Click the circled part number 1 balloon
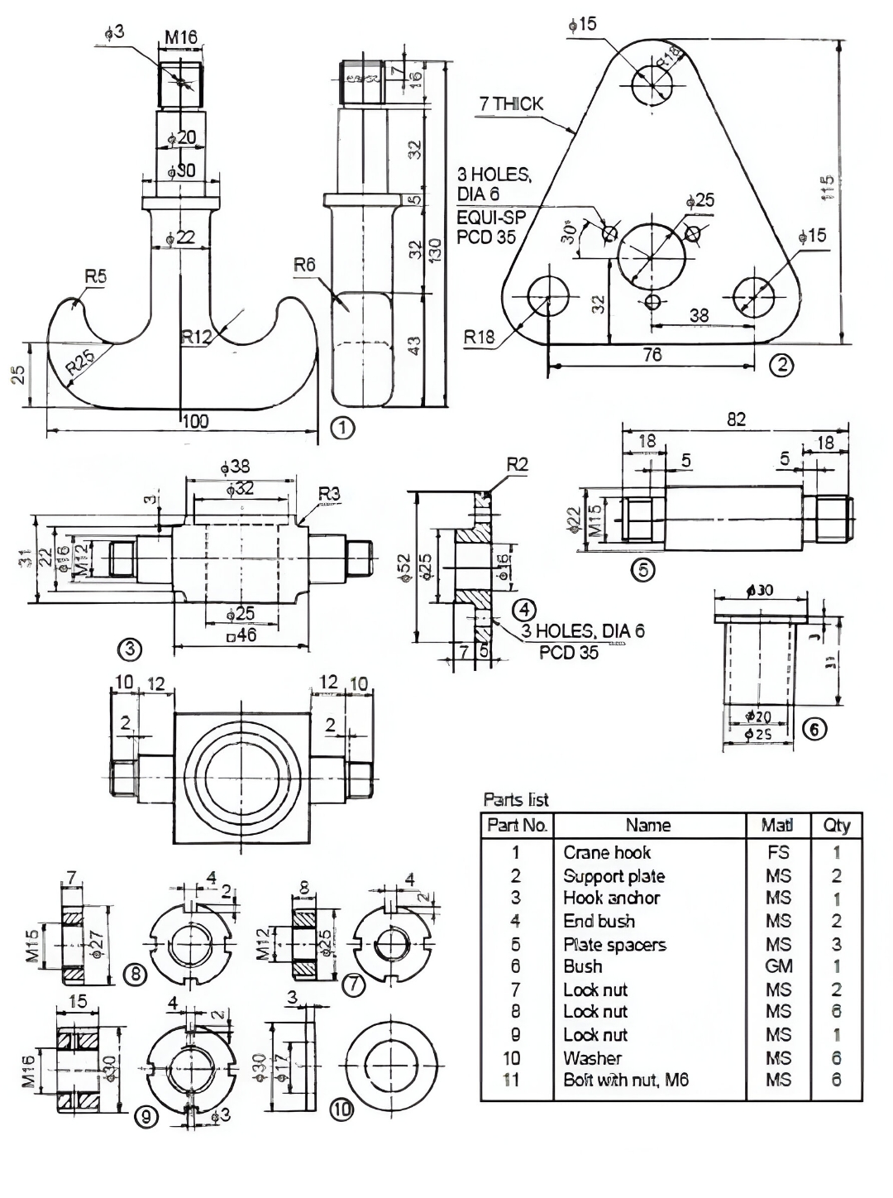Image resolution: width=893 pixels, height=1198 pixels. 341,428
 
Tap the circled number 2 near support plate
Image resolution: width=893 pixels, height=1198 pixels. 781,364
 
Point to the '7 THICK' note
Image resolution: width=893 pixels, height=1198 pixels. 512,104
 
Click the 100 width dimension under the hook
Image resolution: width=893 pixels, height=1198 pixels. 194,422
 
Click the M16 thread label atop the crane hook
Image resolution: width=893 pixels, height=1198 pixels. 181,37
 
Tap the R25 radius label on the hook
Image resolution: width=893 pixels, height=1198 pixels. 81,362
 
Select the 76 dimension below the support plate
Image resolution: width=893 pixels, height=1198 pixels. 652,354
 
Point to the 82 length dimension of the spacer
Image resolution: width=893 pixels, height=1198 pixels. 736,419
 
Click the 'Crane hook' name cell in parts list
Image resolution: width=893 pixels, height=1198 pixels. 607,852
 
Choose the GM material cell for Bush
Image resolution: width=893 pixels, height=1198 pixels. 778,966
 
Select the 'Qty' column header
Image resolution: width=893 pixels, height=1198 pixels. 836,825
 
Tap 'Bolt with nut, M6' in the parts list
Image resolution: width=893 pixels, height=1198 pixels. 626,1080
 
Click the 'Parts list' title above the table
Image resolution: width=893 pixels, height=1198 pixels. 516,799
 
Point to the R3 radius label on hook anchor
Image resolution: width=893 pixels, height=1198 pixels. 329,495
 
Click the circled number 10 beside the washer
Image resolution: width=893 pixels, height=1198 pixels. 341,1110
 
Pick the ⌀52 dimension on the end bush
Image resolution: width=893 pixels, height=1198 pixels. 404,569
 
